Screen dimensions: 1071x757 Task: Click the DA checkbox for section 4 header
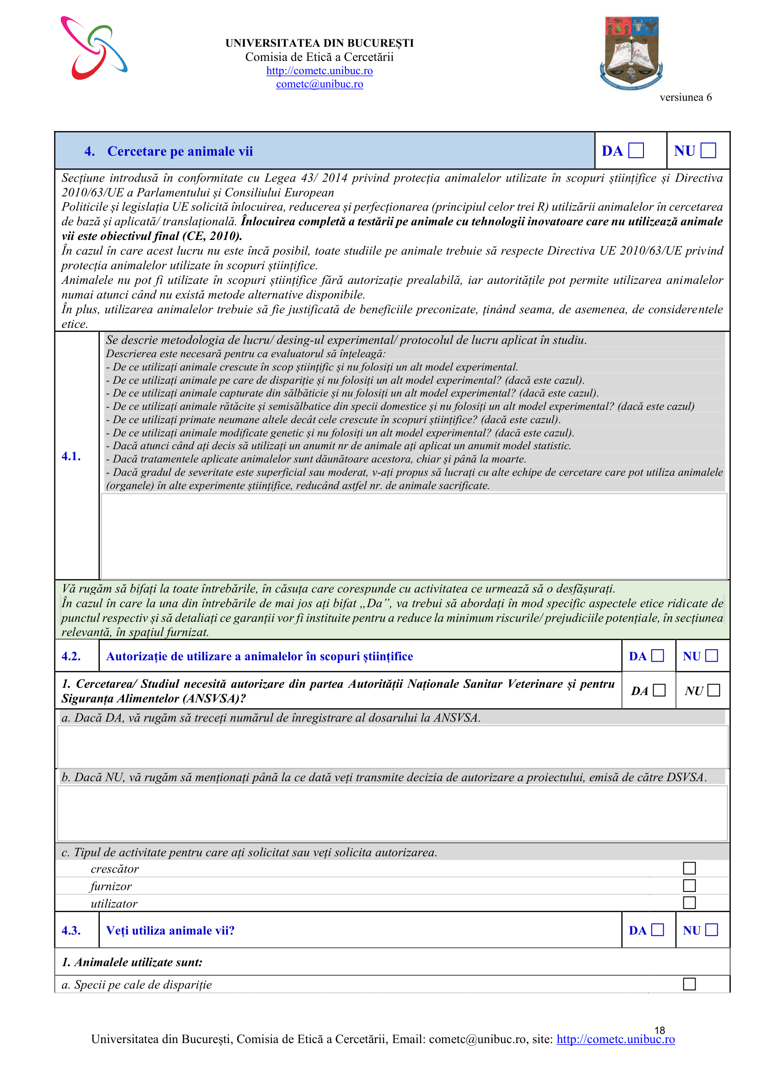click(x=636, y=151)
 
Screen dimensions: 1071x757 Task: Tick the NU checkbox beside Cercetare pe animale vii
click(x=708, y=151)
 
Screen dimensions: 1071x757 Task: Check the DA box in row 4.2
click(x=657, y=656)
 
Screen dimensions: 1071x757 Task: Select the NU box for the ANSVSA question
click(x=713, y=690)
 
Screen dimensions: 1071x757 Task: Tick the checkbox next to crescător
click(x=689, y=868)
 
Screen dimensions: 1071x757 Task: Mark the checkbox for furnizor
click(x=689, y=886)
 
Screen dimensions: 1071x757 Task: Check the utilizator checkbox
click(x=689, y=902)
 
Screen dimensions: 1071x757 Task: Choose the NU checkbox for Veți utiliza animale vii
click(x=711, y=930)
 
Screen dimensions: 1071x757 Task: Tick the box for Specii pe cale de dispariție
click(x=689, y=984)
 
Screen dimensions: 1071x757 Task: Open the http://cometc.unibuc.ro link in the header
click(x=319, y=71)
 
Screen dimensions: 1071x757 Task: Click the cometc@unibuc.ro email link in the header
click(x=319, y=84)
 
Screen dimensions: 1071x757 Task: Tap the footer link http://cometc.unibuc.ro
click(x=615, y=1039)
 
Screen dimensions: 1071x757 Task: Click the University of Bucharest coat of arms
click(x=631, y=53)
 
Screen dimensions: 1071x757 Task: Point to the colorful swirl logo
click(x=94, y=48)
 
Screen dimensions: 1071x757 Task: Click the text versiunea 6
click(x=685, y=98)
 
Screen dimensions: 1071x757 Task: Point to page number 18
click(x=659, y=1030)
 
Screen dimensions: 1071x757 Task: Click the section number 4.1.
click(x=71, y=456)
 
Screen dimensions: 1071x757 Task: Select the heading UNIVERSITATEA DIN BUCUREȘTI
click(x=319, y=43)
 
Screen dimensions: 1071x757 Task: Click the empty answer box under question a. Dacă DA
click(x=393, y=747)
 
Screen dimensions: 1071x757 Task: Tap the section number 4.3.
click(x=71, y=930)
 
